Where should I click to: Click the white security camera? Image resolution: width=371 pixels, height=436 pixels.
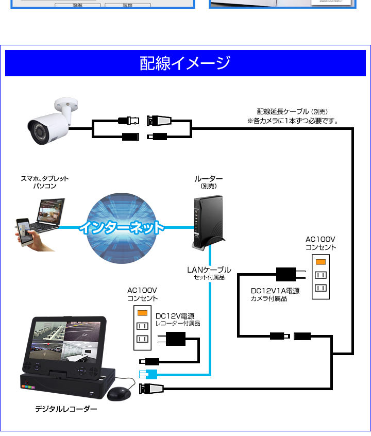(x=52, y=122)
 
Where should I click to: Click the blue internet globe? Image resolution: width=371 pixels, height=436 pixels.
(x=122, y=228)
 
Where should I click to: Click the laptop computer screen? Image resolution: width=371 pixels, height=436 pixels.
(x=51, y=211)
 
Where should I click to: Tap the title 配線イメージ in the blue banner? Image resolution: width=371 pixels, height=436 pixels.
(x=185, y=63)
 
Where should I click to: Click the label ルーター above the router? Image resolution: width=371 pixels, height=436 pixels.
(x=209, y=178)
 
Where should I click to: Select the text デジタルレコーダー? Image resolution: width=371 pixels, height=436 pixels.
(x=66, y=409)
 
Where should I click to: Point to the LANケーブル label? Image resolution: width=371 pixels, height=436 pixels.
(x=209, y=270)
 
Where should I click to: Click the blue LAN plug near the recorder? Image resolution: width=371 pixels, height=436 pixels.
(x=148, y=374)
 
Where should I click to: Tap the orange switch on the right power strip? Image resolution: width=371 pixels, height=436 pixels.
(x=321, y=262)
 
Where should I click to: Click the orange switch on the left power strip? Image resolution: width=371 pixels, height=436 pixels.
(x=142, y=313)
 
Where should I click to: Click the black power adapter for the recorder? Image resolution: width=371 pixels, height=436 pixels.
(x=172, y=339)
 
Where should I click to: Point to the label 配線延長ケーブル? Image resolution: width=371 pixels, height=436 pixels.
(x=283, y=111)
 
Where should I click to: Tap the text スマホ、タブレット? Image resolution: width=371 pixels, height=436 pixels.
(x=44, y=178)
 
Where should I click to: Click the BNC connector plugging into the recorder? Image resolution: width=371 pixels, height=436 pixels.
(x=151, y=389)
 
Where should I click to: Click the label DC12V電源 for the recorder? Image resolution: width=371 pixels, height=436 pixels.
(x=175, y=316)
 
